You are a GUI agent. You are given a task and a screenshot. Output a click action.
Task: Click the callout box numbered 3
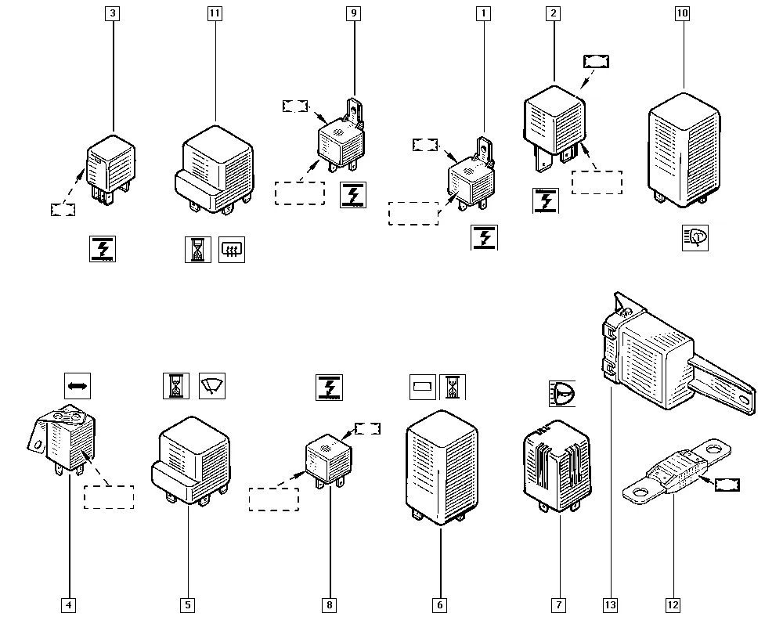click(114, 13)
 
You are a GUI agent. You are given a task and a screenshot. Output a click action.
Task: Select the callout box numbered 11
click(215, 13)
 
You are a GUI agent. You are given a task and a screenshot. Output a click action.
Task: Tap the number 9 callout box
click(353, 13)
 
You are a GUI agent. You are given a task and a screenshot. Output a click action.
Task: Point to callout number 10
click(684, 13)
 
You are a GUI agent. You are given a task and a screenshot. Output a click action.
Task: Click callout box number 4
click(68, 604)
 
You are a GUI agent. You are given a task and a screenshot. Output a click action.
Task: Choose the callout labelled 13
click(610, 604)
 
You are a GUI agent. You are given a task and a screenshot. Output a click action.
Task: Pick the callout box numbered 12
click(673, 604)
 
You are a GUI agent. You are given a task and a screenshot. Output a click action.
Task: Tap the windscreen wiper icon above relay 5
click(211, 386)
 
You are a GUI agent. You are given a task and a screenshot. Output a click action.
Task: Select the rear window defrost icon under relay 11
click(232, 250)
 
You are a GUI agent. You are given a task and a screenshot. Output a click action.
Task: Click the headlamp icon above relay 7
click(560, 393)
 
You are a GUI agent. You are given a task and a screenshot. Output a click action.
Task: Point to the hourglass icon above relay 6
click(453, 386)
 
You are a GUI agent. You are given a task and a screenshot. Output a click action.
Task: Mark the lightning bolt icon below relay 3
click(102, 248)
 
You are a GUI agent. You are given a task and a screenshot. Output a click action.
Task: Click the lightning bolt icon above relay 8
click(330, 388)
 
